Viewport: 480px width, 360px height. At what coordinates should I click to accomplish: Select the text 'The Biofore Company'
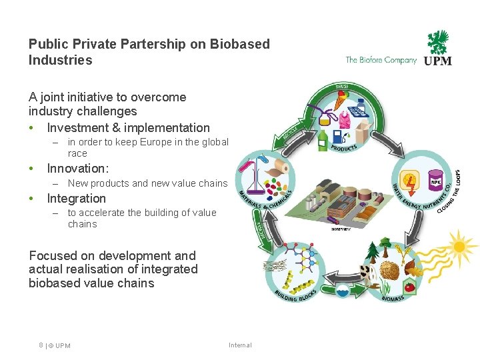[x=381, y=60]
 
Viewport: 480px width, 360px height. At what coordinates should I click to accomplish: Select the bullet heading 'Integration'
[x=76, y=199]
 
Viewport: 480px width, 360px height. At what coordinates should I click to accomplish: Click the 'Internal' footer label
[x=240, y=345]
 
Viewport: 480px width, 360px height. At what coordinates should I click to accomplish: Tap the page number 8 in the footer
[x=41, y=345]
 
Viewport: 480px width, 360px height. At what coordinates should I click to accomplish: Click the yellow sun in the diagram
[x=459, y=247]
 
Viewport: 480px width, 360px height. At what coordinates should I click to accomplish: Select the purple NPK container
[x=436, y=181]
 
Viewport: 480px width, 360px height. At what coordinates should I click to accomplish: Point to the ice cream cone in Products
[x=340, y=101]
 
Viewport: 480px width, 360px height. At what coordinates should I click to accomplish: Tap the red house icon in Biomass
[x=410, y=287]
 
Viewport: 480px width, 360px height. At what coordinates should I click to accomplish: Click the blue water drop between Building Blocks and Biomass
[x=342, y=292]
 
